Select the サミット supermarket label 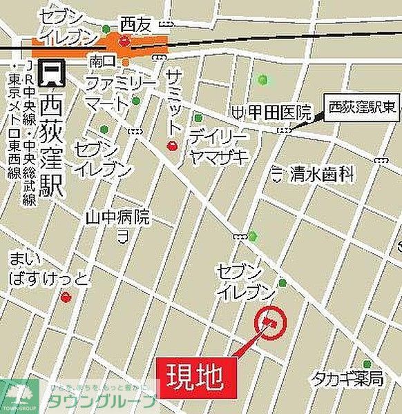[x=174, y=97]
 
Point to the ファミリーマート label [x=111, y=94]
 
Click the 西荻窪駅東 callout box [x=360, y=106]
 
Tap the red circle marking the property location [x=269, y=320]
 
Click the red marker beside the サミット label [x=173, y=146]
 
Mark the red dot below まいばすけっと [x=66, y=297]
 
